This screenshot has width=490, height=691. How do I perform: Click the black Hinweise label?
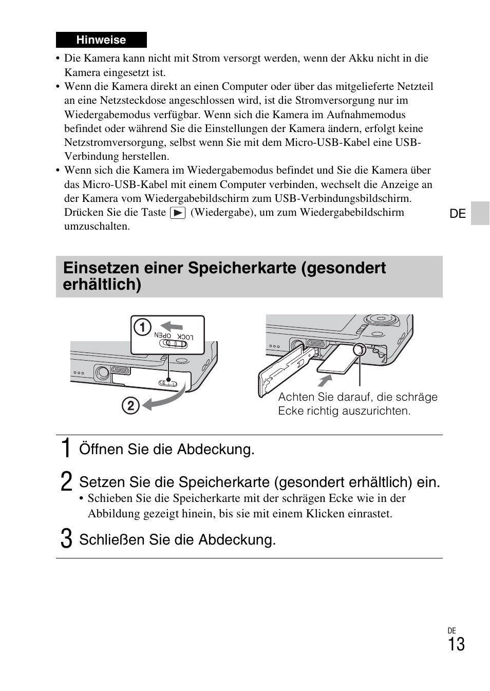101,40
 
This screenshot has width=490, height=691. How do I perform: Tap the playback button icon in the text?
177,213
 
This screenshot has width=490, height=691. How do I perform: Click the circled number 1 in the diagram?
142,327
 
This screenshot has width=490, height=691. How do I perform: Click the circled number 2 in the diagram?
130,406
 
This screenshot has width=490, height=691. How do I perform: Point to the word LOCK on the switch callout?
185,337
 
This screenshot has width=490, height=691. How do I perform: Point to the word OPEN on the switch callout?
162,335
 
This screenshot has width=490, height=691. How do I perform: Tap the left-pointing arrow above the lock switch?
171,326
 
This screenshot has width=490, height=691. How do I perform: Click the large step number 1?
65,449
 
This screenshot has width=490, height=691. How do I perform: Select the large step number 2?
65,482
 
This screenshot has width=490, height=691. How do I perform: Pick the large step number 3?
65,539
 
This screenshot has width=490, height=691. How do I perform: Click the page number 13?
456,644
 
